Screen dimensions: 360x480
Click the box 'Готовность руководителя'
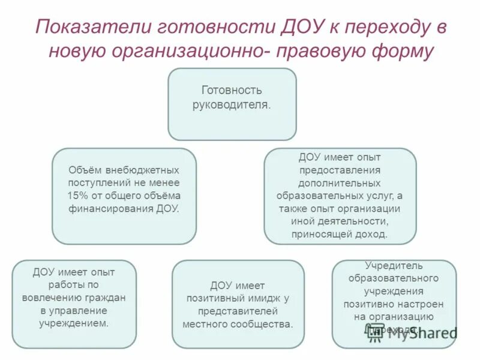point(232,104)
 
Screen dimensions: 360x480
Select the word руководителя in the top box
point(232,104)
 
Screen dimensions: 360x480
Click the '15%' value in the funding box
point(78,196)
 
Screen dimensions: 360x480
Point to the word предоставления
point(340,169)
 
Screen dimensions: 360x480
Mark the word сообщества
point(265,324)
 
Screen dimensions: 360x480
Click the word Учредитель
point(394,265)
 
